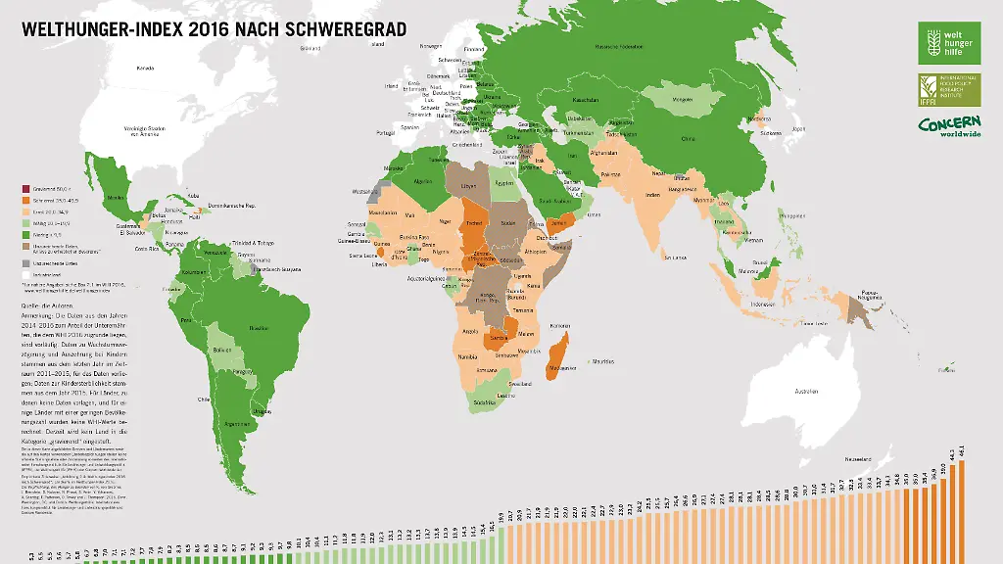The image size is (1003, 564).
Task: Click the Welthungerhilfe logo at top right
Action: [x=948, y=43]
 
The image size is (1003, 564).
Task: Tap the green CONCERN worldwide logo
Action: [x=949, y=126]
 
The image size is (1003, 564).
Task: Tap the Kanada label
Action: [x=146, y=69]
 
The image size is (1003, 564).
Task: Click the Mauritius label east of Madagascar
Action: [x=604, y=362]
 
